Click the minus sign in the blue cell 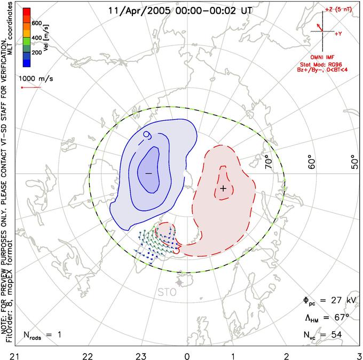click(148, 174)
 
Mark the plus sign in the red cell click(223, 189)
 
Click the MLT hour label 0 click(187, 355)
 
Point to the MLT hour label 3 click(359, 355)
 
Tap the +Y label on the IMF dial click(338, 33)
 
